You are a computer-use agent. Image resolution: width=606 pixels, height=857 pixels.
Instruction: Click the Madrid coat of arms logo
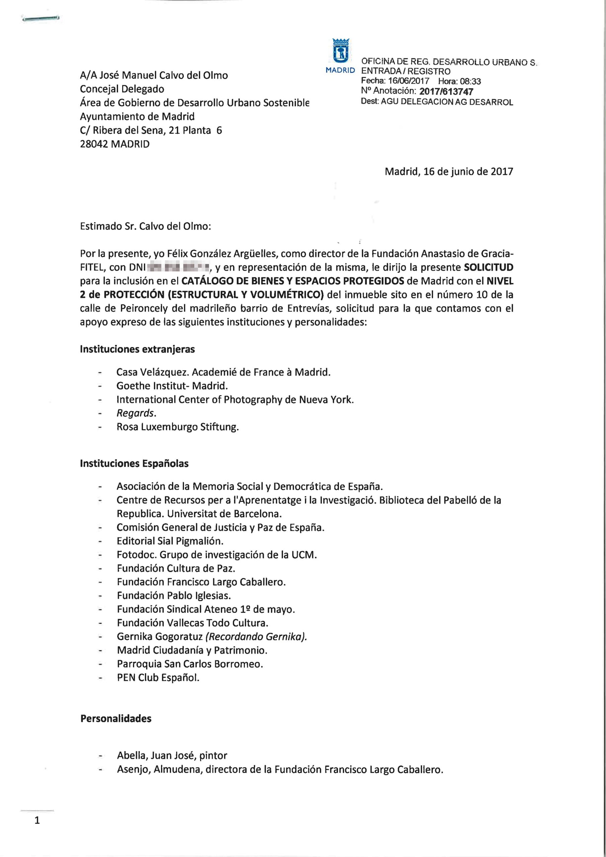(x=340, y=51)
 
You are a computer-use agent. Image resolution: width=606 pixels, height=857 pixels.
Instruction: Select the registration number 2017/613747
(x=446, y=91)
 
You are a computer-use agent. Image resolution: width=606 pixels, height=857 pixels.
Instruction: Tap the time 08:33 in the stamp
(x=470, y=81)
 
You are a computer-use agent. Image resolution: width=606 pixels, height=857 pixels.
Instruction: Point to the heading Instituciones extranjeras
(x=137, y=349)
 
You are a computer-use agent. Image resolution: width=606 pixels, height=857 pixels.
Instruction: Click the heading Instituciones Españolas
(x=134, y=464)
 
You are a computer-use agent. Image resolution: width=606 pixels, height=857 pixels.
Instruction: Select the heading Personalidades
(x=116, y=719)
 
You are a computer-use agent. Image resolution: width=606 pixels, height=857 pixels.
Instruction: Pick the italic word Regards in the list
(x=135, y=413)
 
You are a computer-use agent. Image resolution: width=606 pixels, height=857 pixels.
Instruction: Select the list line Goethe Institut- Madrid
(x=172, y=386)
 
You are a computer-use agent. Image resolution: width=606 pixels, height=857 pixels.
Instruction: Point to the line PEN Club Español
(x=158, y=678)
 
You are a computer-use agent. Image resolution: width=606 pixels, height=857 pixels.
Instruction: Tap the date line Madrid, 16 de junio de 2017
(x=449, y=172)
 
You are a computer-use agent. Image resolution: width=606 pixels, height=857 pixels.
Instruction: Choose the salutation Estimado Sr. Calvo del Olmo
(x=145, y=227)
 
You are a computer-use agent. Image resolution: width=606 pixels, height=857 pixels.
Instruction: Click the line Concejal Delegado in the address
(x=122, y=89)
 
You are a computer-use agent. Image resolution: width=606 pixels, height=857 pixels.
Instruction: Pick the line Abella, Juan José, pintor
(x=172, y=756)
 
